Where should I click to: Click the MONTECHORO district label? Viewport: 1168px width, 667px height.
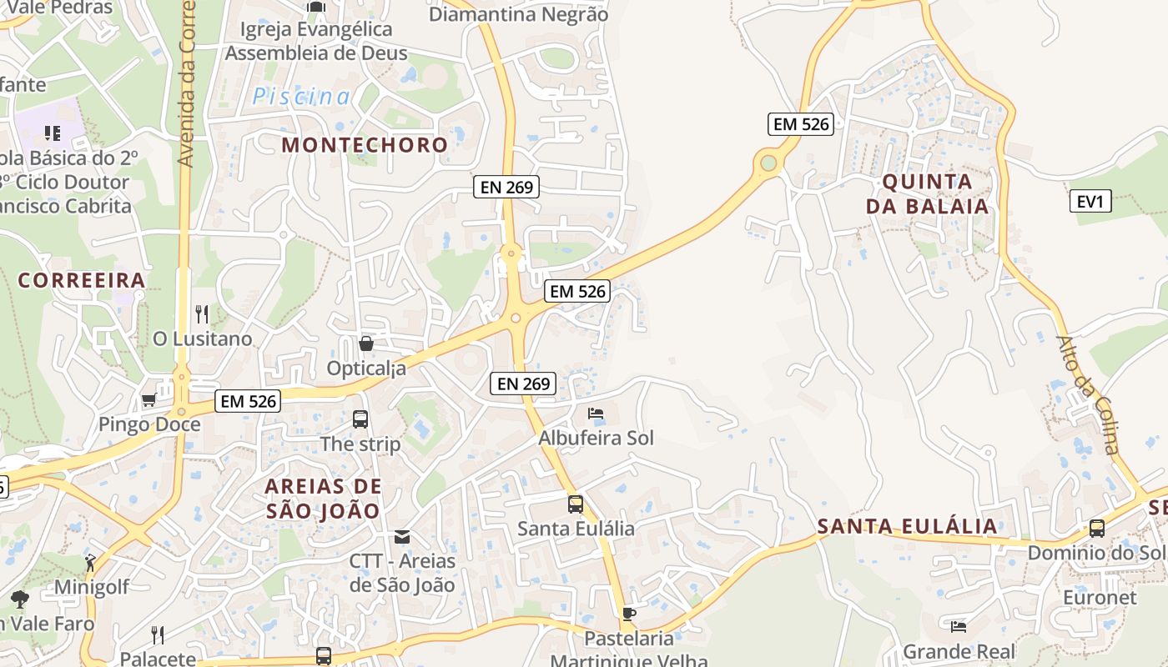[x=365, y=144]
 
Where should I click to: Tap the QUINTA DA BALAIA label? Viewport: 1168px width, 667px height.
[x=927, y=193]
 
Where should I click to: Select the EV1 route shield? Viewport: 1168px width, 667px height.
[x=1090, y=201]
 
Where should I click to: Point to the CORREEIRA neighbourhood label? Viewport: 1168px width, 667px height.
[x=82, y=280]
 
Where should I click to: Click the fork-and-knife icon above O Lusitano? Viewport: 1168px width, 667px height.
[x=202, y=314]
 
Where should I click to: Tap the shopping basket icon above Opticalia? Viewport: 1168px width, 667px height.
[x=365, y=344]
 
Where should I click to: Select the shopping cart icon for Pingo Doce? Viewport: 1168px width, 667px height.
[x=149, y=400]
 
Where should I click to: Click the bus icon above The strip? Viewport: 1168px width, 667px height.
[x=360, y=419]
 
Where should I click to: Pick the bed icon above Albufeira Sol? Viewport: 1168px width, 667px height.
[x=596, y=414]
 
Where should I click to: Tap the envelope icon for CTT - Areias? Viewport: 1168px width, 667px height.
[x=402, y=536]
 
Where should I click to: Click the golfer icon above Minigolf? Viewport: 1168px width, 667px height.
[x=90, y=563]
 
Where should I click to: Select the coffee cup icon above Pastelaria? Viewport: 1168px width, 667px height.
[x=629, y=614]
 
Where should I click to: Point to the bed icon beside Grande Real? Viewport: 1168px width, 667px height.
[x=959, y=626]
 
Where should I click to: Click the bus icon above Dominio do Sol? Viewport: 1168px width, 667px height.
[x=1096, y=529]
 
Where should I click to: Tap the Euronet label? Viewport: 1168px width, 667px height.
[x=1100, y=597]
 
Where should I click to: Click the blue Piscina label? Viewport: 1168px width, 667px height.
[x=301, y=97]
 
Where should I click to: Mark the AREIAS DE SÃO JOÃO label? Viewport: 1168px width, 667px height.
[x=323, y=498]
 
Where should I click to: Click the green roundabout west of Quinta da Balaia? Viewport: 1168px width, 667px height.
[x=768, y=163]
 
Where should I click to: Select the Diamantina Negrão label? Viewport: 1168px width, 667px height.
[x=518, y=14]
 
